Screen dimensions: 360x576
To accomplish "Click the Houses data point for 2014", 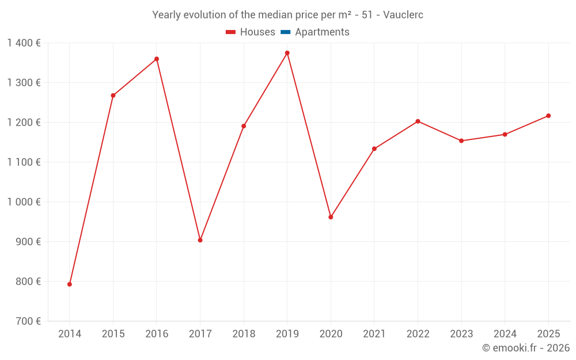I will pos(70,284).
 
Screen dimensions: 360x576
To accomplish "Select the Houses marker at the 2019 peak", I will pos(287,53).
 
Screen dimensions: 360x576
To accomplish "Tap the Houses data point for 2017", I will pos(200,240).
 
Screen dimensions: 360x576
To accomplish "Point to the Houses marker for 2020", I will pos(331,217).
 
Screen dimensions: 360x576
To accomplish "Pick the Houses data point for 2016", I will pos(157,59).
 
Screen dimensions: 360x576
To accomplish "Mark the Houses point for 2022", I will pos(418,122).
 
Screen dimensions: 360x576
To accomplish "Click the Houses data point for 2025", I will pos(548,116).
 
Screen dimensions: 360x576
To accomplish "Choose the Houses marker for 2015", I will pos(113,96).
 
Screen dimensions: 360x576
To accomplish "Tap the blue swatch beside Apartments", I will pos(286,32).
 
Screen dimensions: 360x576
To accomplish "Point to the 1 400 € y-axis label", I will pos(24,43).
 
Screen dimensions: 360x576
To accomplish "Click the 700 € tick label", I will pos(29,321).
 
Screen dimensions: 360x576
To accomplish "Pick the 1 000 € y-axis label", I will pos(24,202).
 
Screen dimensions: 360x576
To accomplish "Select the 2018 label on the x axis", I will pos(244,334).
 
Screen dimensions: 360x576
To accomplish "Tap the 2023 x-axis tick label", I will pos(461,334).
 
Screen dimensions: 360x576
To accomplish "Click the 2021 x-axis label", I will pos(374,334).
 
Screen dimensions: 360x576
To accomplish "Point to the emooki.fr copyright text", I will pos(526,348).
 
